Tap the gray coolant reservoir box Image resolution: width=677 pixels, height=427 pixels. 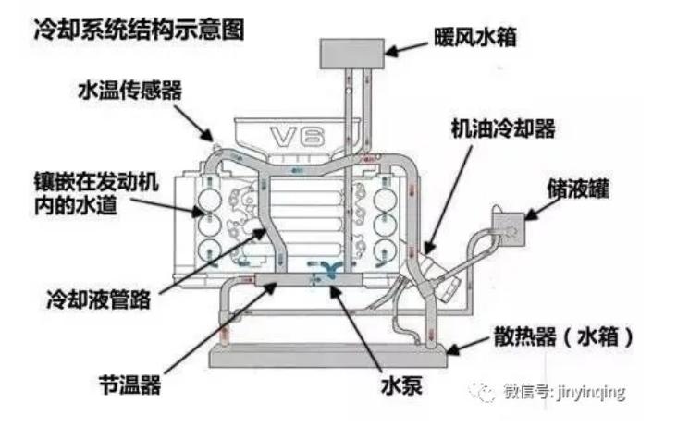[x=507, y=223]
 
